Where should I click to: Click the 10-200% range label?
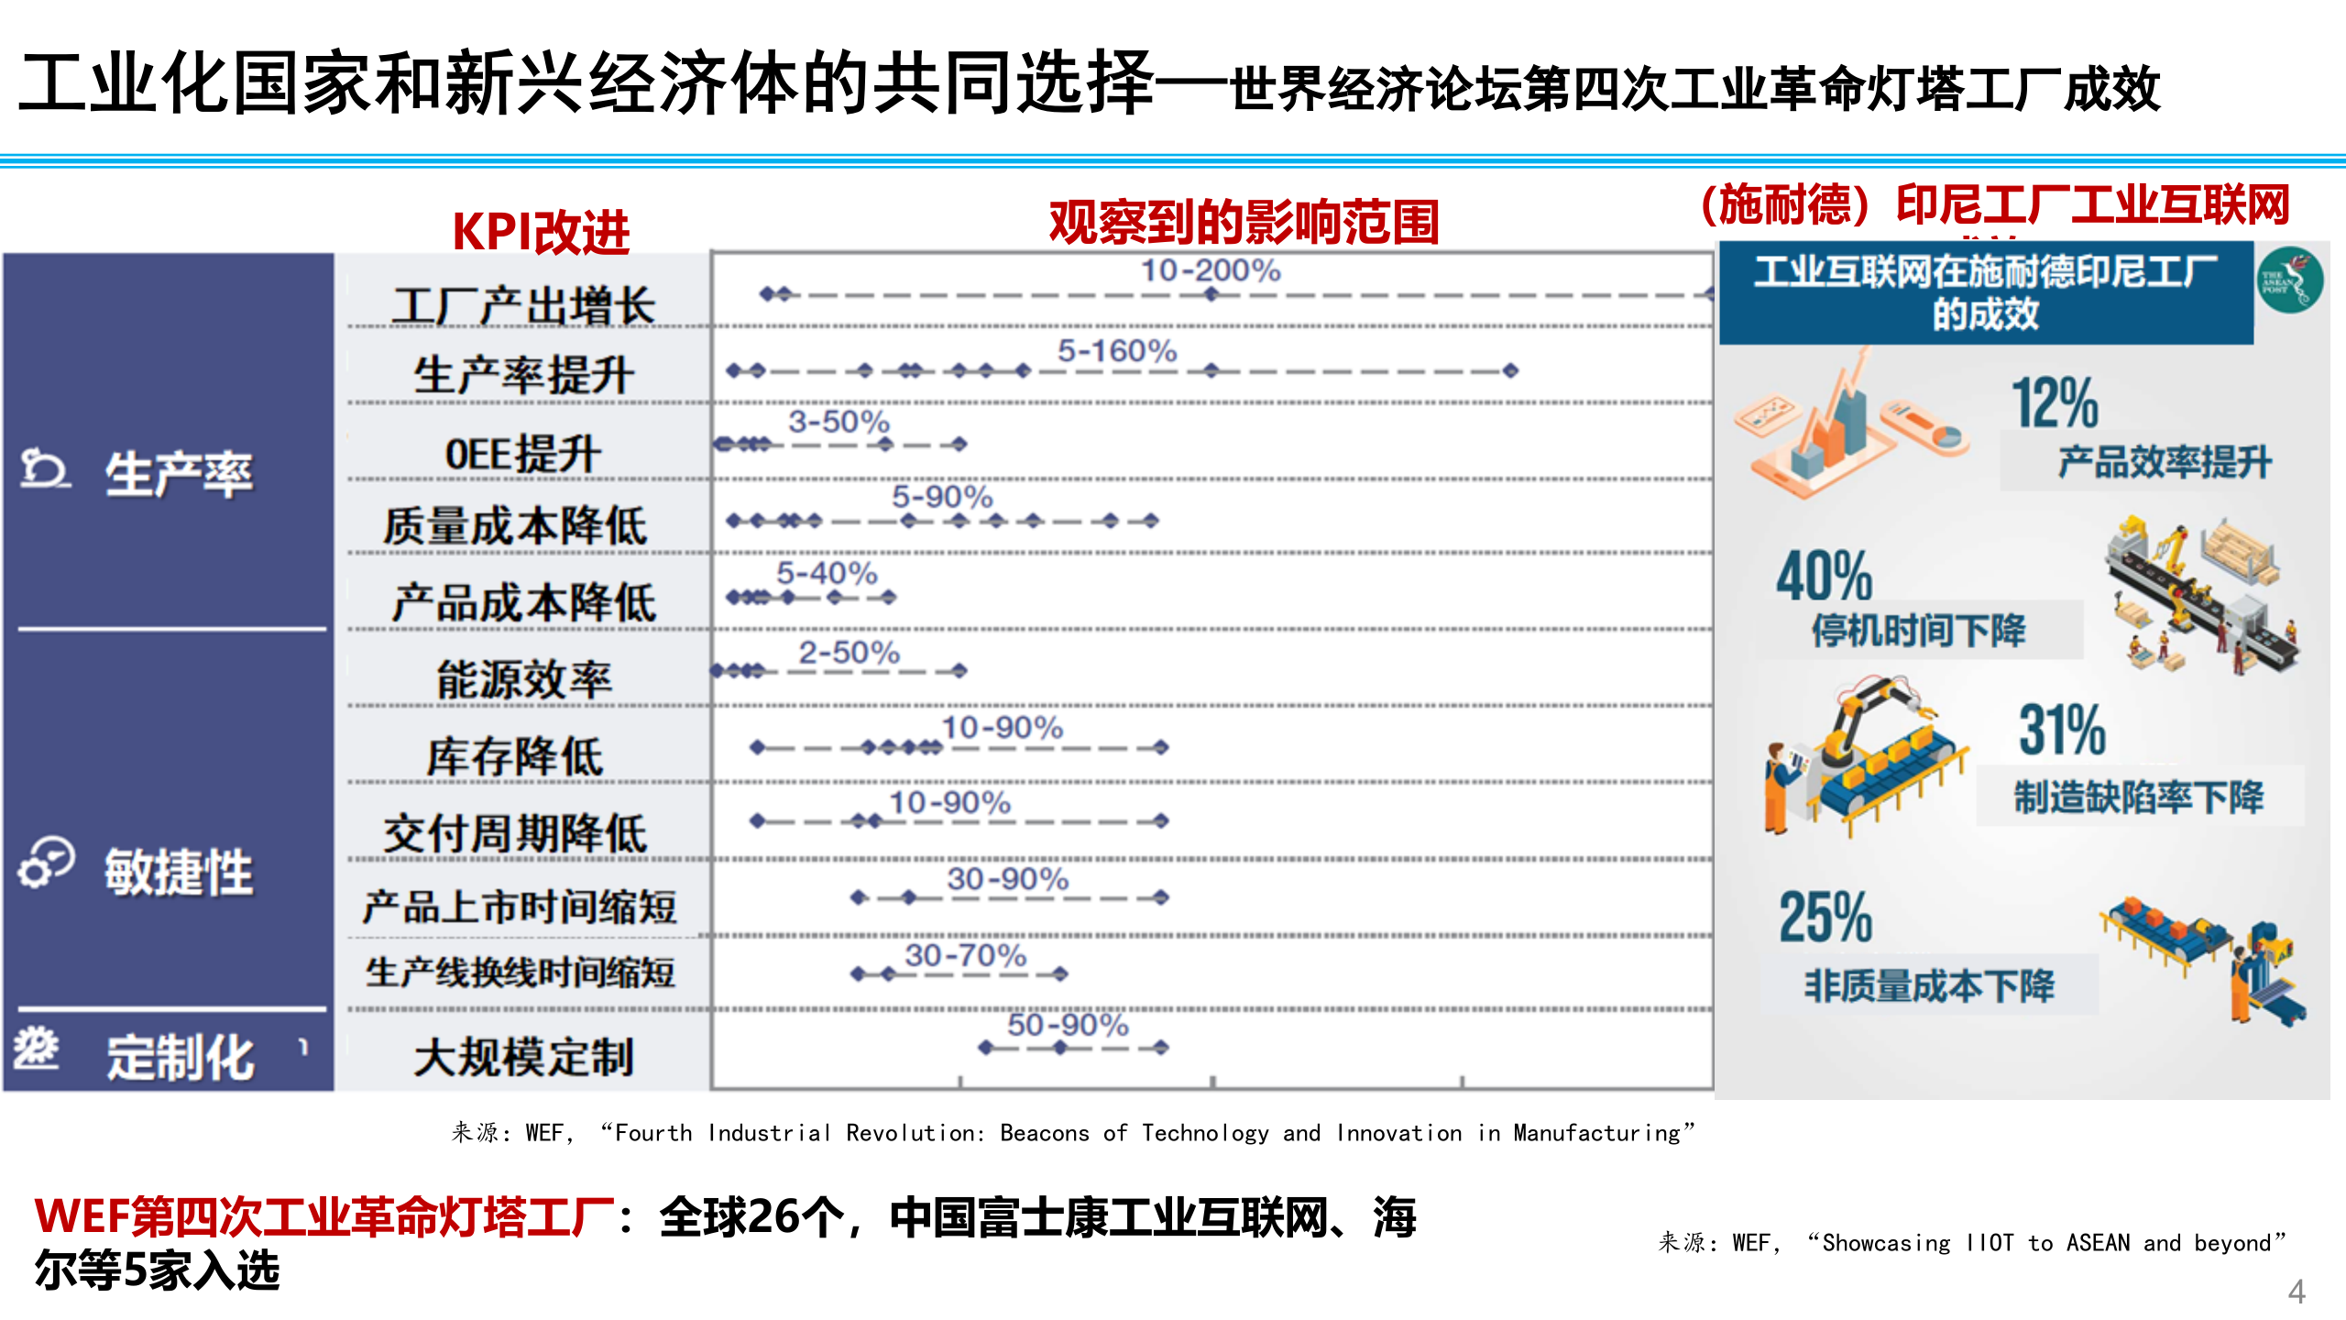tap(1210, 270)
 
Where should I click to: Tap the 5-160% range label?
tap(1117, 350)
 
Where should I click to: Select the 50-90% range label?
tap(1068, 1024)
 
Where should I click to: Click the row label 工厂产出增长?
tap(523, 305)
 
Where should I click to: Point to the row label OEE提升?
tap(523, 454)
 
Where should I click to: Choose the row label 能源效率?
tap(523, 679)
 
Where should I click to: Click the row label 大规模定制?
tap(523, 1057)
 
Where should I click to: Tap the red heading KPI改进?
tap(541, 231)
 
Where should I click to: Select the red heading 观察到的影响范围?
tap(1244, 222)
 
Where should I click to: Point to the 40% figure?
tap(1824, 576)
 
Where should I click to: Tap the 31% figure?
tap(2062, 730)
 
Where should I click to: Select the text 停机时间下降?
tap(1918, 631)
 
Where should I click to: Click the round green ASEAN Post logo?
tap(2289, 280)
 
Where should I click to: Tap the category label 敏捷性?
tap(179, 871)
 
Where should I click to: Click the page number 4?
tap(2297, 1291)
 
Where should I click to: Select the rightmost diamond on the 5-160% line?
tap(1510, 370)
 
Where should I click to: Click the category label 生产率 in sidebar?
tap(179, 474)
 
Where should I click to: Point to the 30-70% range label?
tap(965, 955)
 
